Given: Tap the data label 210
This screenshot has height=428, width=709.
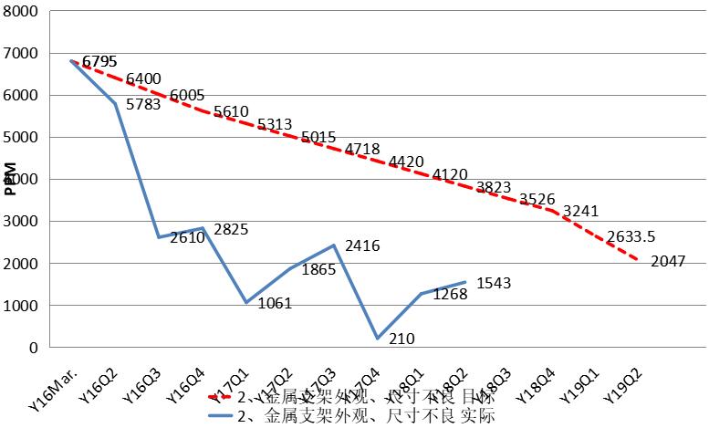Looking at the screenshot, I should [401, 339].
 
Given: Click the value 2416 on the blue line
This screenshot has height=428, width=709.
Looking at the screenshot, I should [361, 245].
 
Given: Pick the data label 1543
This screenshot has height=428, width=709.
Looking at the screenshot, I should [493, 284].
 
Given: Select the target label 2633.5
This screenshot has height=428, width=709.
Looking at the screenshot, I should [609, 235].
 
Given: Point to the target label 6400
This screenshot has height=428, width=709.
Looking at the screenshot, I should [143, 79].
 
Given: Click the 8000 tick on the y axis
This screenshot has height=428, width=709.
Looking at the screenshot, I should [21, 12].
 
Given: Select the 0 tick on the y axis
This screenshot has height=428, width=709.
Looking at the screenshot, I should [34, 348].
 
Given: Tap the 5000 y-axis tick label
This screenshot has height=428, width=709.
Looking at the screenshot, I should [21, 138].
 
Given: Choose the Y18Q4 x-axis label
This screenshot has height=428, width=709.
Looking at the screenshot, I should [534, 381].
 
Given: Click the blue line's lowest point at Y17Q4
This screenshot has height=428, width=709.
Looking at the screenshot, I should [378, 339].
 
